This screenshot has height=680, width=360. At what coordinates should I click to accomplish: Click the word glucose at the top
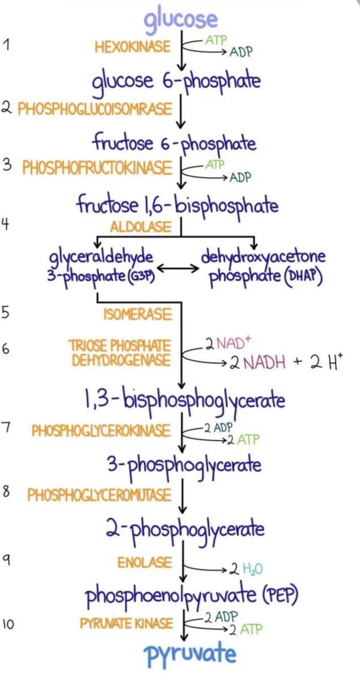pyautogui.click(x=180, y=20)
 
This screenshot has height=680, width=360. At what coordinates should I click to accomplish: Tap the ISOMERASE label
pyautogui.click(x=137, y=313)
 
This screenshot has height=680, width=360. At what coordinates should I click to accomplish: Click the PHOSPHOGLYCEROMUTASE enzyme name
pyautogui.click(x=99, y=495)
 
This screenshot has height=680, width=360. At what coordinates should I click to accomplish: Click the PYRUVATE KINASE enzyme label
pyautogui.click(x=126, y=624)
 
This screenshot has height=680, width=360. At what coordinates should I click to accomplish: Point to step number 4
pyautogui.click(x=6, y=224)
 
